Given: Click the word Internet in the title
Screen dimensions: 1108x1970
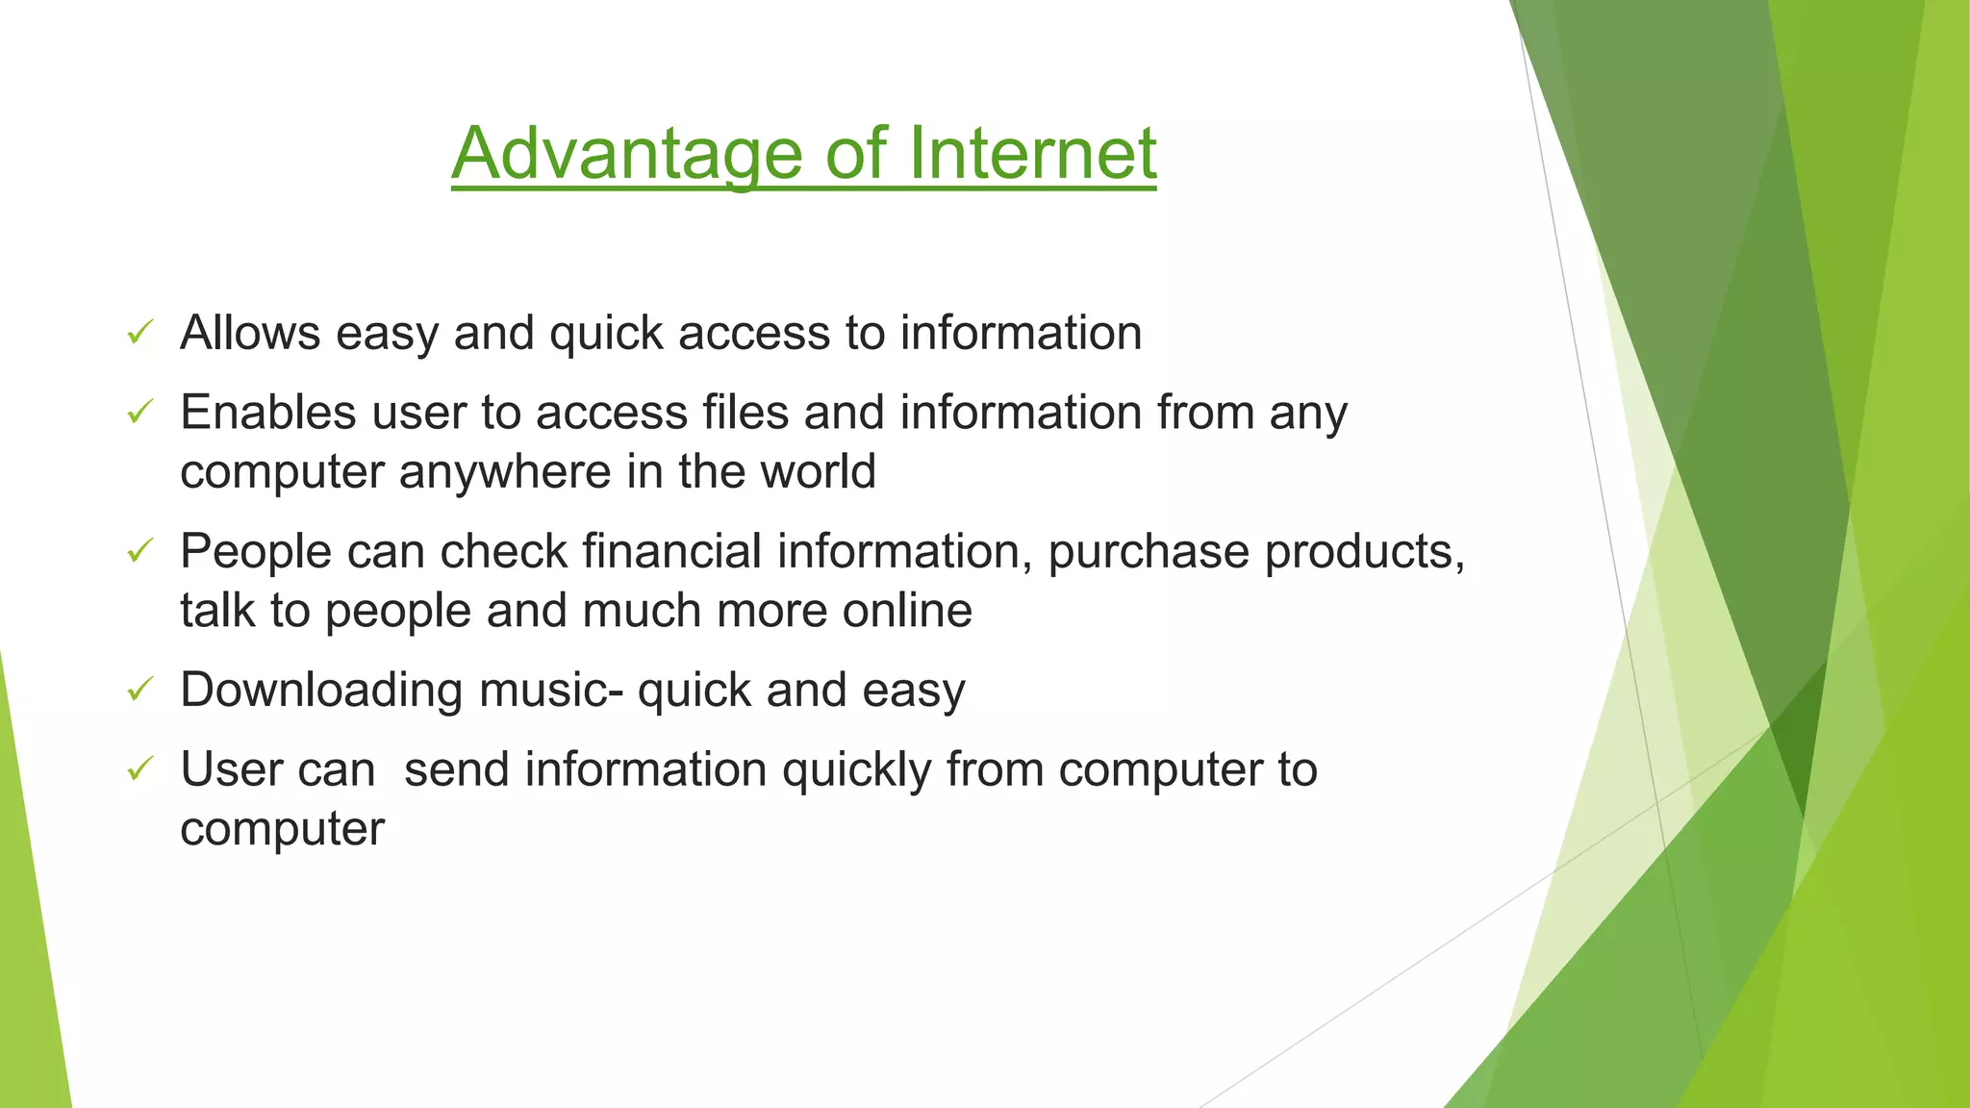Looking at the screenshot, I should pos(1031,154).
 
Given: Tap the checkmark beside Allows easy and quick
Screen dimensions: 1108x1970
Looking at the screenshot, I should pos(140,334).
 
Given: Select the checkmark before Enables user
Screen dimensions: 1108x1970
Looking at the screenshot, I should pos(140,414).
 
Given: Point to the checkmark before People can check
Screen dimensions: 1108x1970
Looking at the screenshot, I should pos(140,552).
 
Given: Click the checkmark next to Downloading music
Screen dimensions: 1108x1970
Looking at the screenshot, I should pos(140,690).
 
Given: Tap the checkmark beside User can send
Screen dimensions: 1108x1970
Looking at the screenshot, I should pos(140,769).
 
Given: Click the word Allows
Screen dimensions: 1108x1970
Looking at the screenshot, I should pos(250,334).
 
